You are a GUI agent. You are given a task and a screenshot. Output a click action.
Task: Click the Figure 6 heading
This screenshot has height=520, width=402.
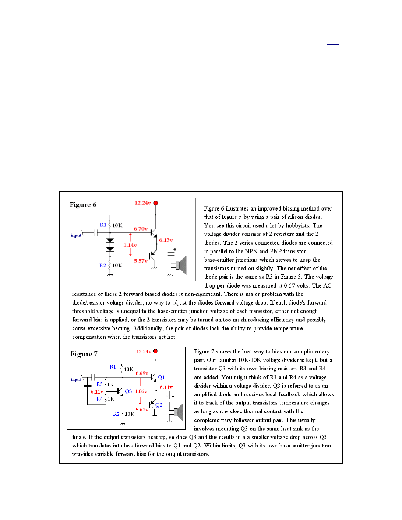82,204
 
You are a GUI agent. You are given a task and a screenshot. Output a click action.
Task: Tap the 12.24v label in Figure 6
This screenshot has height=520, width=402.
142,203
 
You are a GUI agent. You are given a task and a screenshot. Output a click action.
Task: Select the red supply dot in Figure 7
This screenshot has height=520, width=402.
156,351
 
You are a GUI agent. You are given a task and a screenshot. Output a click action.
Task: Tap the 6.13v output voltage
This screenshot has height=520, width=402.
166,240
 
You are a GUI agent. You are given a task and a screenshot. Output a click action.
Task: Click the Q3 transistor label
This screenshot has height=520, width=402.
128,391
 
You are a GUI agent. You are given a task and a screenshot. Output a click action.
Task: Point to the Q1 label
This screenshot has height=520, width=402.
162,377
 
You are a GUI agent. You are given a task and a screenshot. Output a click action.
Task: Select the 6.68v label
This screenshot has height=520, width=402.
141,373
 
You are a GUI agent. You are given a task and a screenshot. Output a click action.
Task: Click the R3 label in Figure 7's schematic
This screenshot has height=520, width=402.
99,384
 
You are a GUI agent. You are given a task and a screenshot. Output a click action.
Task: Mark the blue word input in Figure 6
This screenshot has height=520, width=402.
78,235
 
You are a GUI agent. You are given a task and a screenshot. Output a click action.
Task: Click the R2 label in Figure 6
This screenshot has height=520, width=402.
102,265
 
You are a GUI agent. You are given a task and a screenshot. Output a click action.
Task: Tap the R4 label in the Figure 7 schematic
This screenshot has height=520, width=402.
99,399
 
